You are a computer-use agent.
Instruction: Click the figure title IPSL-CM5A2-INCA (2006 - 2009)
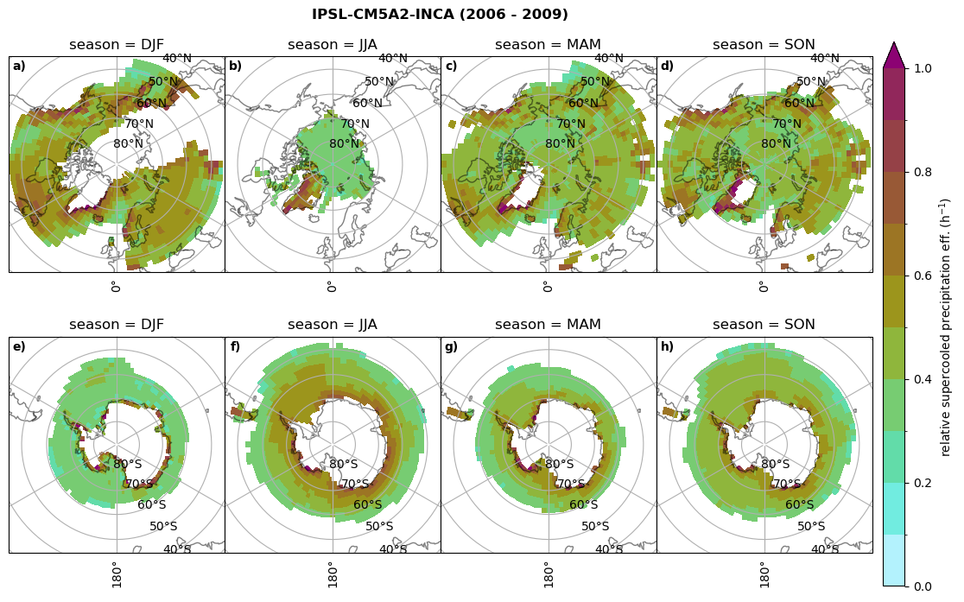pyautogui.click(x=440, y=15)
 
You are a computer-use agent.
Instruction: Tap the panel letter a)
pyautogui.click(x=19, y=67)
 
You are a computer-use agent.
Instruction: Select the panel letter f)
pyautogui.click(x=235, y=347)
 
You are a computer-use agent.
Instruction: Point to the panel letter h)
pyautogui.click(x=667, y=347)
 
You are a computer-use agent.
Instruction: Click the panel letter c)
pyautogui.click(x=451, y=67)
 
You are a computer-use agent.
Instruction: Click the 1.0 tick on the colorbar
pyautogui.click(x=923, y=68)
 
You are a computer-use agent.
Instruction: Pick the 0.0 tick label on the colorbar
pyautogui.click(x=923, y=586)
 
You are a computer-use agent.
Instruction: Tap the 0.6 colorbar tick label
pyautogui.click(x=923, y=276)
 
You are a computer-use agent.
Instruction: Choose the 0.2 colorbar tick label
pyautogui.click(x=923, y=483)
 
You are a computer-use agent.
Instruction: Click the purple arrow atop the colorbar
pyautogui.click(x=893, y=55)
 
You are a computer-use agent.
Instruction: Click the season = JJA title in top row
pyautogui.click(x=333, y=45)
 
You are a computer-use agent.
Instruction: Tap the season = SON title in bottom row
pyautogui.click(x=764, y=325)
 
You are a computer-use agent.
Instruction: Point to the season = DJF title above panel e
pyautogui.click(x=117, y=325)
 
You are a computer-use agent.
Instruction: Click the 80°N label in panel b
pyautogui.click(x=344, y=144)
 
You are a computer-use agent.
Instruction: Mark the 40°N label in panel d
pyautogui.click(x=824, y=59)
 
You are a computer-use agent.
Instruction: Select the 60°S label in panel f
pyautogui.click(x=368, y=505)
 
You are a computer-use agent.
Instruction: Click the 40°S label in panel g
pyautogui.click(x=609, y=549)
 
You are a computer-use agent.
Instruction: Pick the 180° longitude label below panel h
pyautogui.click(x=763, y=574)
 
